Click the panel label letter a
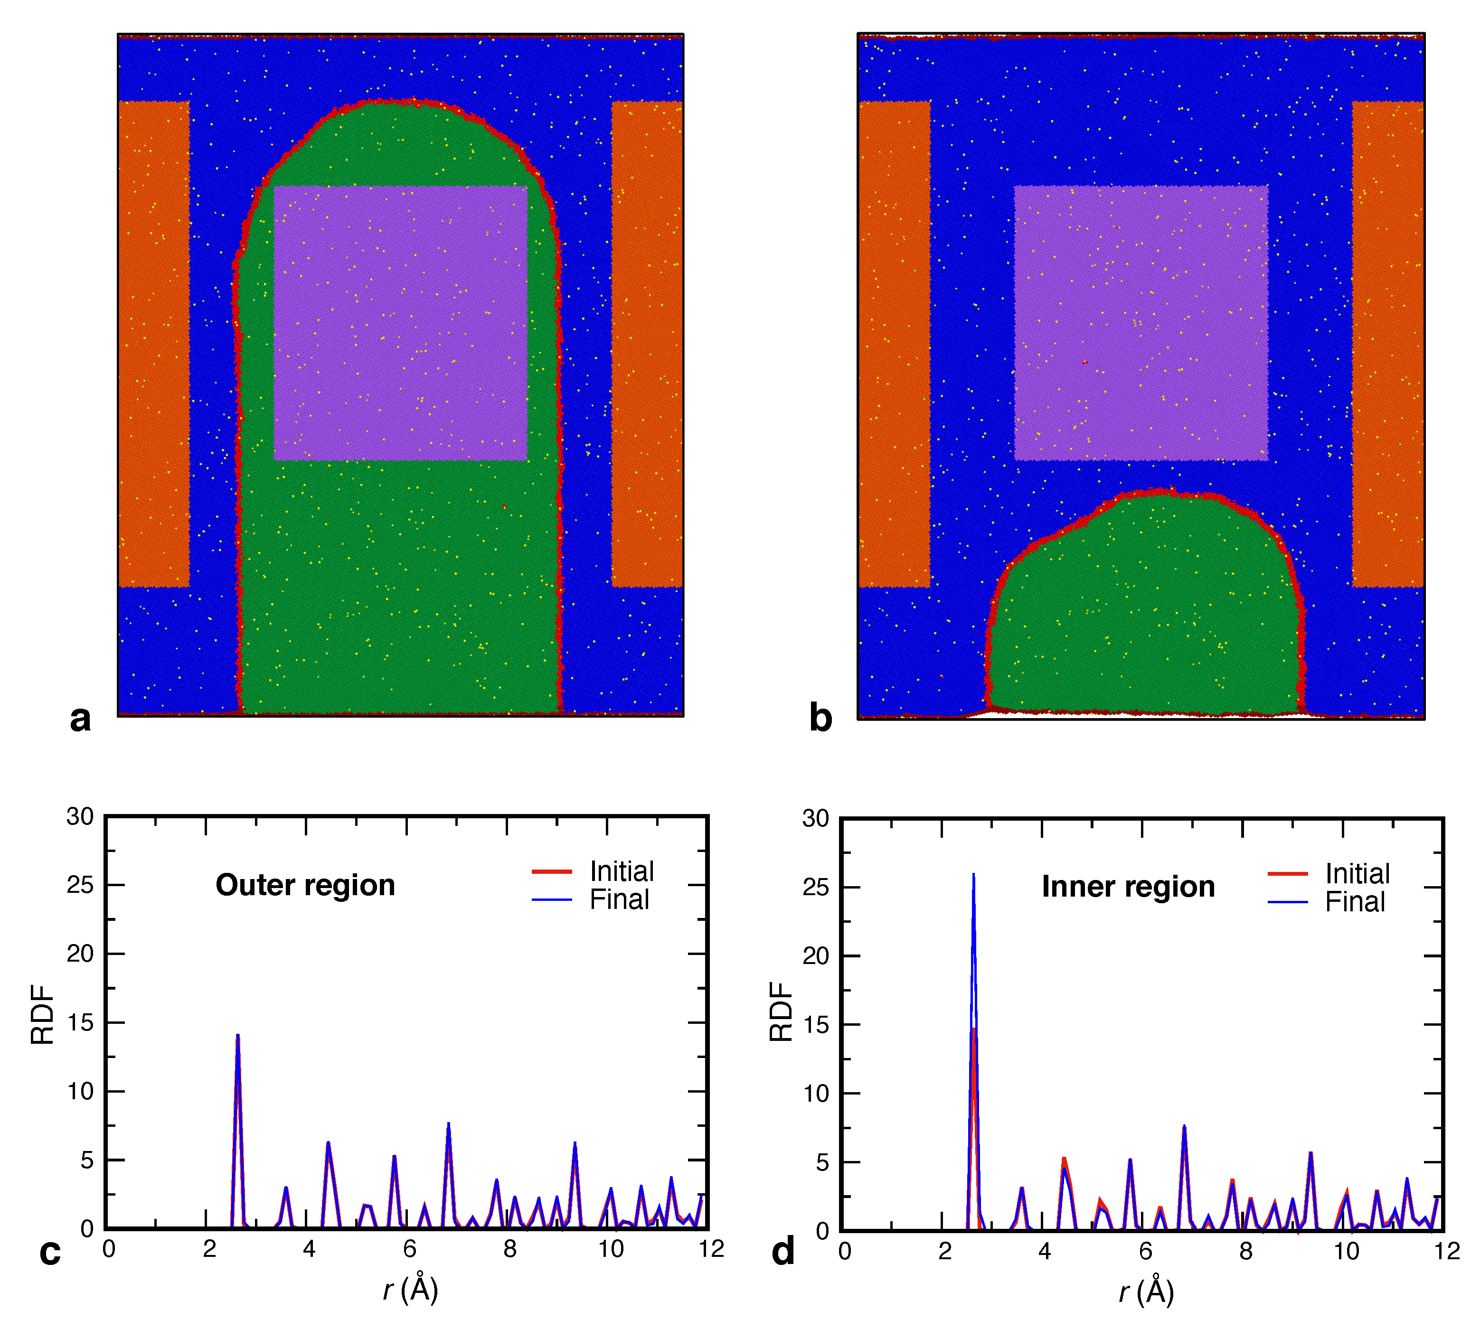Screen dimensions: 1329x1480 pos(80,719)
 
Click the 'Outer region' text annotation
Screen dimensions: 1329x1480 pos(305,885)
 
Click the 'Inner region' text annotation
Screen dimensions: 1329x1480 pos(1127,887)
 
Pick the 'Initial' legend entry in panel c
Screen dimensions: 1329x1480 pos(621,871)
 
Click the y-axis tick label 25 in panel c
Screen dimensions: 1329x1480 pos(80,885)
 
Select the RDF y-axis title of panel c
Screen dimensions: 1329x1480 pos(42,1015)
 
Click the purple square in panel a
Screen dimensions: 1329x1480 pos(400,323)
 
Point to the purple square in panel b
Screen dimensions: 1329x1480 pos(1141,323)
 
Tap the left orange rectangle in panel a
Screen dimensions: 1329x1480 pos(153,343)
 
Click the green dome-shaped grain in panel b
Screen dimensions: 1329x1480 pos(1143,613)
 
